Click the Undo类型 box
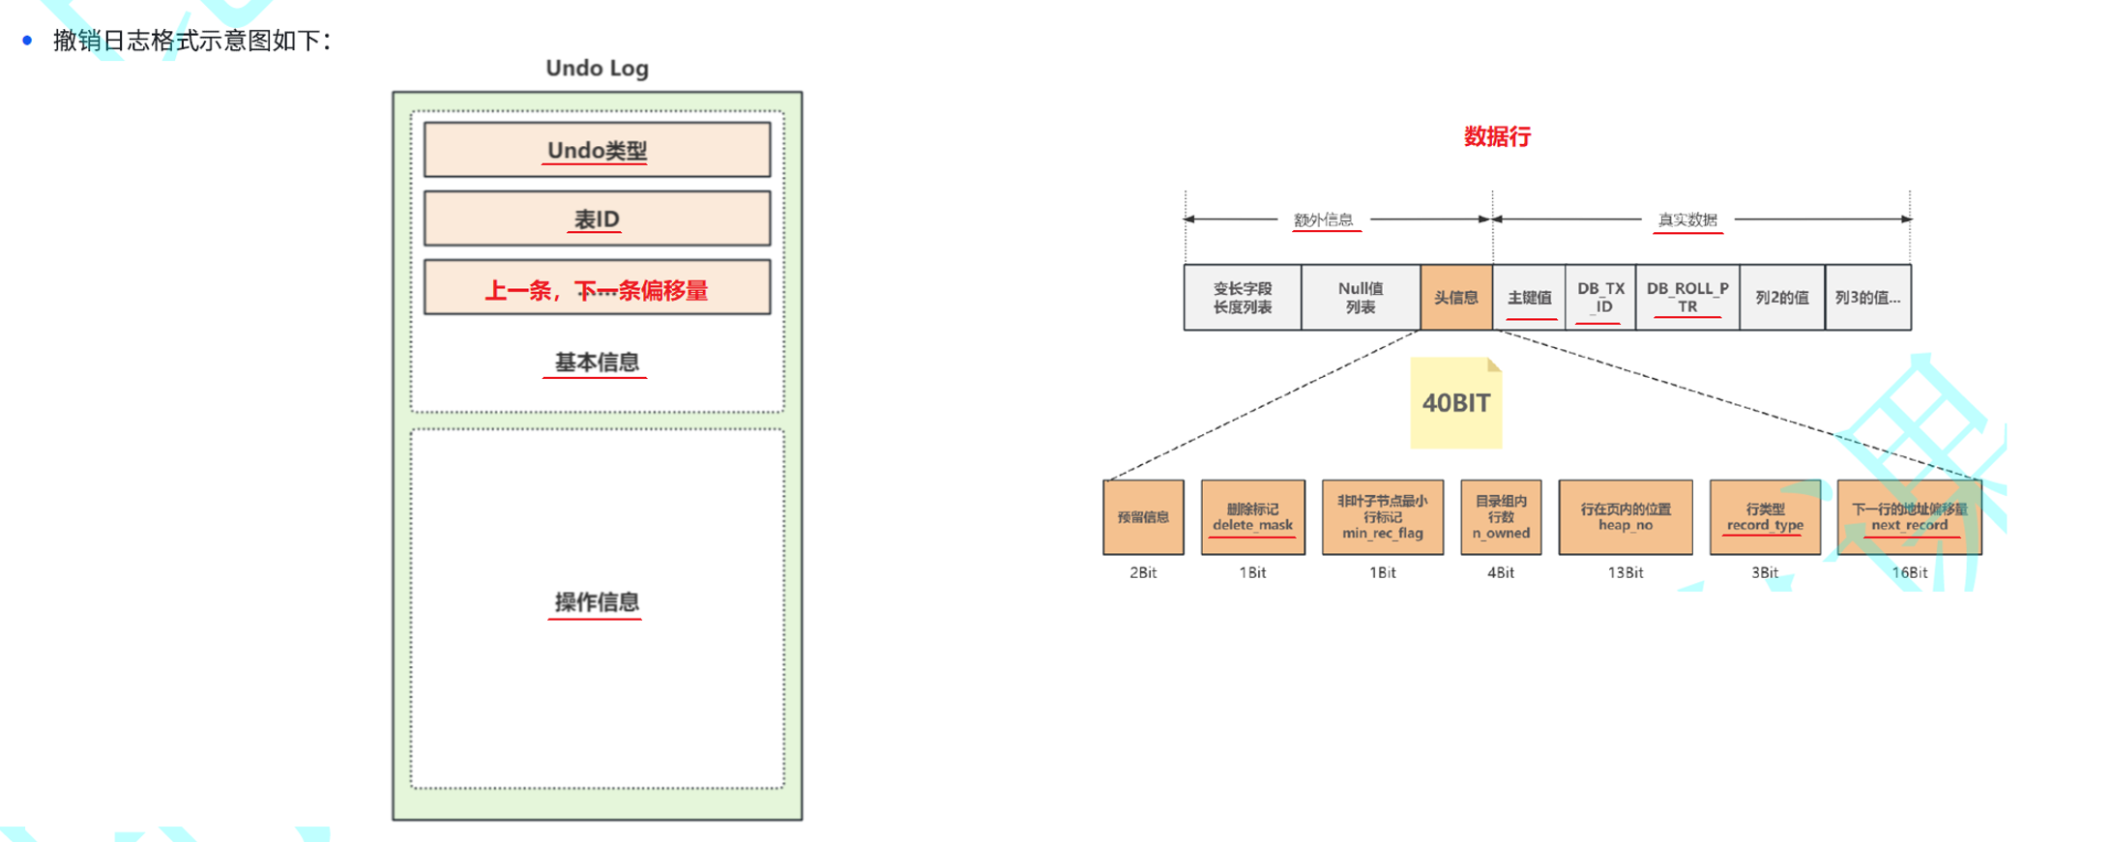[x=597, y=150]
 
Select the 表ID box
[x=597, y=218]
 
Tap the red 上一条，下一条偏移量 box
[x=597, y=288]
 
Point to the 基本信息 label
[x=596, y=363]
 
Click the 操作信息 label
[x=596, y=602]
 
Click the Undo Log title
[x=597, y=68]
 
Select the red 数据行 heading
[x=1497, y=136]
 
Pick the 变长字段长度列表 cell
[x=1243, y=298]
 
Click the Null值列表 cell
[x=1361, y=298]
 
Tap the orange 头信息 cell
[x=1455, y=298]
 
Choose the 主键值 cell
[x=1529, y=298]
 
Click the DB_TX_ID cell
[x=1600, y=298]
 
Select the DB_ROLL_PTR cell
[x=1687, y=298]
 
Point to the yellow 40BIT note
[x=1455, y=403]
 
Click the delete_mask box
[x=1252, y=517]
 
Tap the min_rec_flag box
[x=1382, y=517]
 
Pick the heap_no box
[x=1625, y=517]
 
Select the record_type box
[x=1765, y=517]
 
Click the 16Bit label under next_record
[x=1909, y=572]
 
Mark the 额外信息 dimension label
[x=1323, y=219]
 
